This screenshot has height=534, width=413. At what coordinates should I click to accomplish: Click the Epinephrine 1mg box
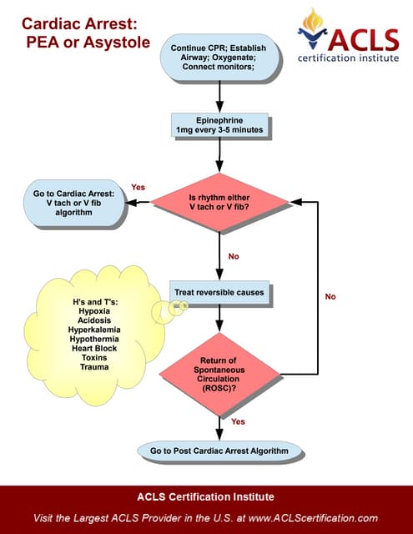click(x=219, y=124)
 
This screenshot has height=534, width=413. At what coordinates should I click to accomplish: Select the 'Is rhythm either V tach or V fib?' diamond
click(x=219, y=201)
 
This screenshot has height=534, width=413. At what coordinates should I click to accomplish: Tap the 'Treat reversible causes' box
click(x=219, y=293)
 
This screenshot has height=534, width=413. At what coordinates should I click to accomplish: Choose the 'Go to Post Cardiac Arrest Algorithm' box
click(x=219, y=451)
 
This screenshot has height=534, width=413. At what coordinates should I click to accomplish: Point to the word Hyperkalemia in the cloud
click(x=94, y=330)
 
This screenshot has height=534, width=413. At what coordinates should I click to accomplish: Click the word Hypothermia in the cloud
click(x=94, y=340)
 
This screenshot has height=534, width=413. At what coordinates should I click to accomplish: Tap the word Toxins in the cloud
click(x=94, y=358)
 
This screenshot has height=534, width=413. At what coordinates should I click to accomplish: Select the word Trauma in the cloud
click(x=94, y=367)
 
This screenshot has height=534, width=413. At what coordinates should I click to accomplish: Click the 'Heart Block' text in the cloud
click(x=94, y=350)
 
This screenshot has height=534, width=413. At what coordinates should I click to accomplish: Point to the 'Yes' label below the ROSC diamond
click(x=238, y=421)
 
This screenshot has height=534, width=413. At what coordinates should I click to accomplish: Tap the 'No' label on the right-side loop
click(x=330, y=296)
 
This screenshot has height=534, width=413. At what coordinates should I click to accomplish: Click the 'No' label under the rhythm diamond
click(x=234, y=256)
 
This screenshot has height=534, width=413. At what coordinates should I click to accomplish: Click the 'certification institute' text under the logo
click(x=350, y=58)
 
